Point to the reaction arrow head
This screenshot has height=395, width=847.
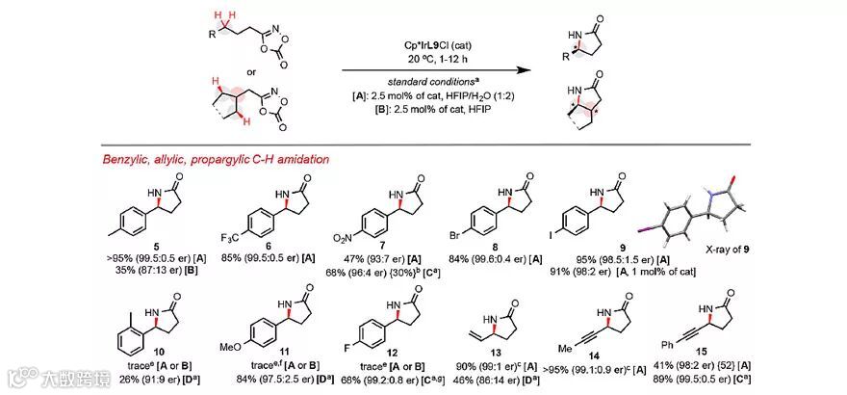pos(526,70)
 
